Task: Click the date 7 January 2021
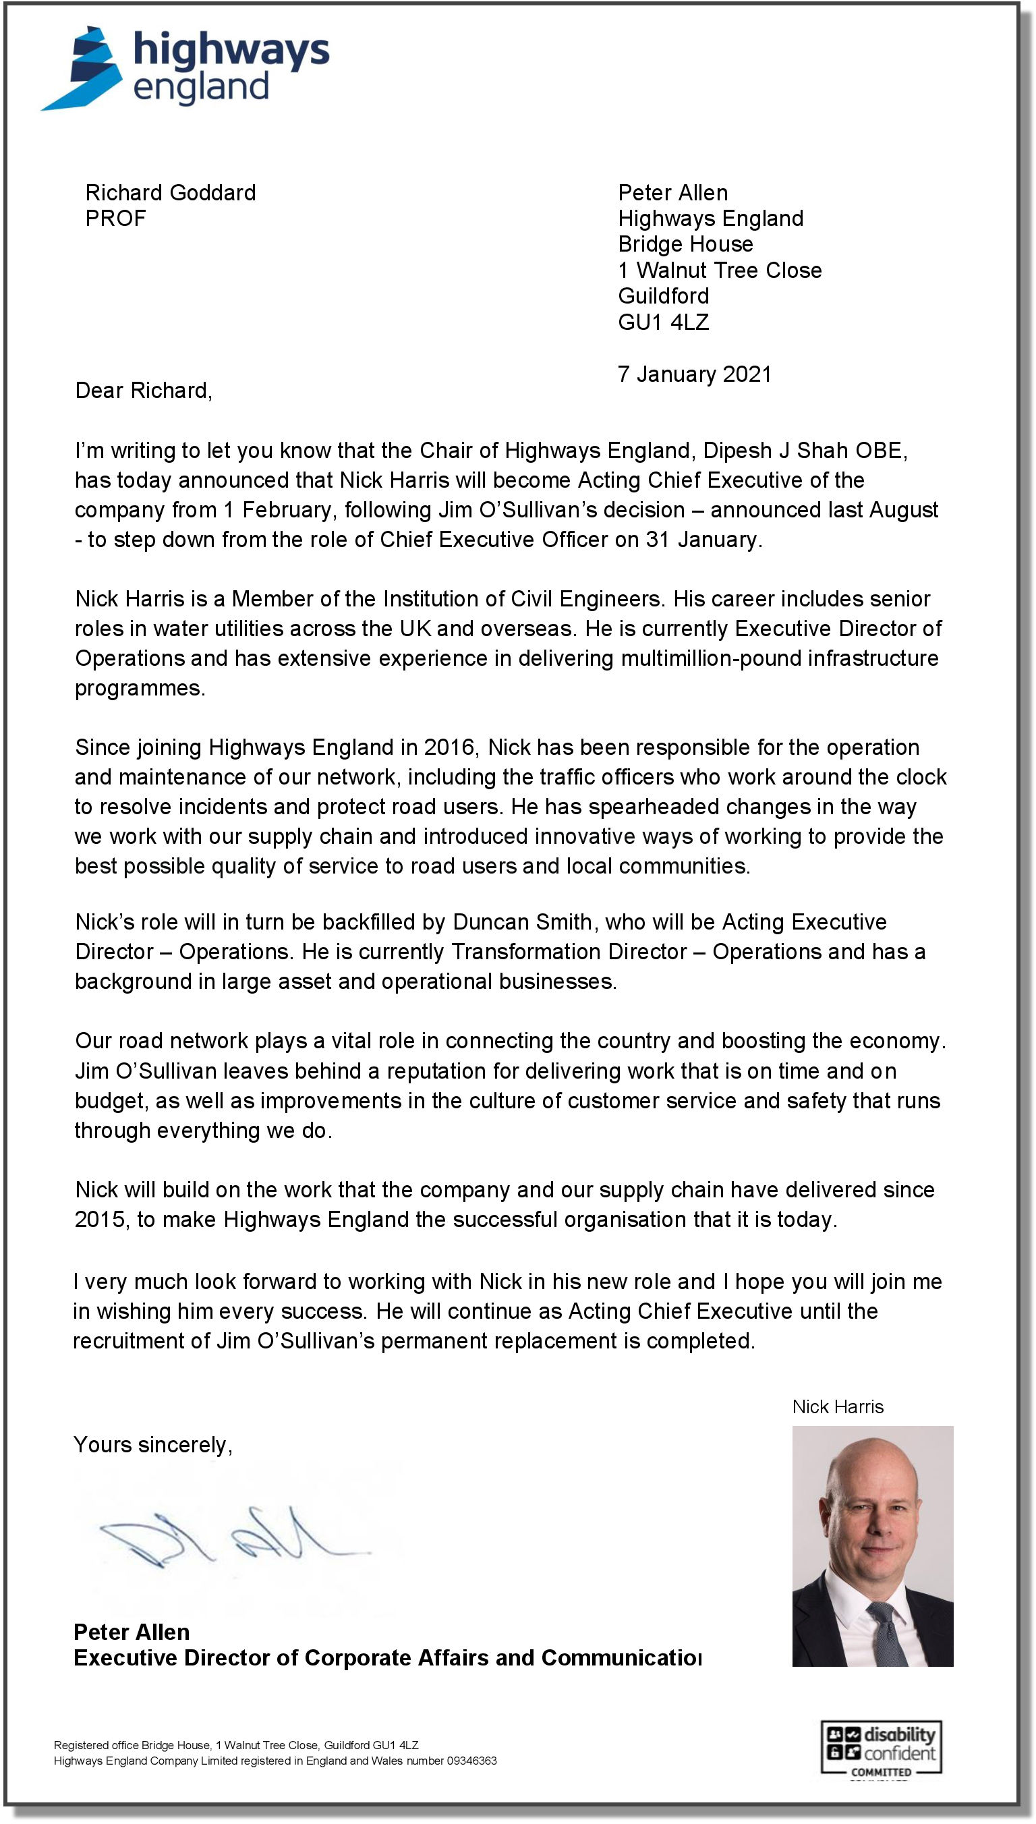[695, 374]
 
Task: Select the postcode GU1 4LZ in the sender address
[663, 322]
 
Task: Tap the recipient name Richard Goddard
[170, 193]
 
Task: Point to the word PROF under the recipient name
[115, 219]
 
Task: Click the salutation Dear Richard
[144, 391]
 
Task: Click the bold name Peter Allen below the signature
[132, 1632]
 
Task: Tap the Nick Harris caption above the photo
[838, 1407]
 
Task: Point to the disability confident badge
[881, 1748]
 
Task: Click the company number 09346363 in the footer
[471, 1761]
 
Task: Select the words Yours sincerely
[153, 1445]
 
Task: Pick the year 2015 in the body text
[100, 1220]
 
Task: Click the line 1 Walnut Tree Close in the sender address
[720, 270]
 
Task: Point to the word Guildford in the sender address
[663, 296]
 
